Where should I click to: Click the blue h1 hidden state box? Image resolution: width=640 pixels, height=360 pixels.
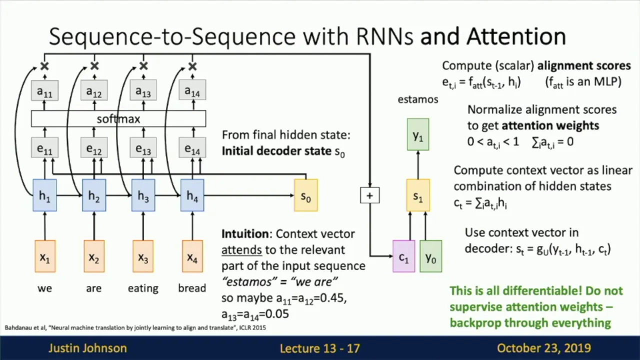point(44,195)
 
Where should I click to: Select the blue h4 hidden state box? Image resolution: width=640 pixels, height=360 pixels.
point(192,195)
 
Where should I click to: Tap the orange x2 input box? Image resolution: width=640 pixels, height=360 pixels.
point(93,257)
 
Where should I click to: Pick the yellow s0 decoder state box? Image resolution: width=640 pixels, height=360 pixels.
point(305,195)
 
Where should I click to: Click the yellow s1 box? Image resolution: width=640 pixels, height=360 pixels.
point(418,195)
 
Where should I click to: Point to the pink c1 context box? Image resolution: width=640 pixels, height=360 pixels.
point(403,257)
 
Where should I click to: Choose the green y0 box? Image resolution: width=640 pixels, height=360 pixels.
point(430,257)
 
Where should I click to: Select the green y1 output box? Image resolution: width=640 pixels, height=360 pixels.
point(418,134)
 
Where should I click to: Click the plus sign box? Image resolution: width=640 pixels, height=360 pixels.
point(369,195)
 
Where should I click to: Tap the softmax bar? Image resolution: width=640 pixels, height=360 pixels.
point(118,119)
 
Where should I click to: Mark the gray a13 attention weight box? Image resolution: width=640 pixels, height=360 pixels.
point(143,91)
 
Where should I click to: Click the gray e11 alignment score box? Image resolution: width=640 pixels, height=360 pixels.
point(44,148)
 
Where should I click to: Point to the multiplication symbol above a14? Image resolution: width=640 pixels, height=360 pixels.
point(192,66)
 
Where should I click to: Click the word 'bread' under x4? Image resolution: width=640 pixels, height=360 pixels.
point(192,288)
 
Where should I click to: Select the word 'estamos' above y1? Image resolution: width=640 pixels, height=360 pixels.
point(418,99)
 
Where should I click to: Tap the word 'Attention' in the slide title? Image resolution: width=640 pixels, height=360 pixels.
point(516,36)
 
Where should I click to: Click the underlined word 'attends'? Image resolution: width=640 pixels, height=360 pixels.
point(241,249)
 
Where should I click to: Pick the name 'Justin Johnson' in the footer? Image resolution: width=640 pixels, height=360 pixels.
point(87,348)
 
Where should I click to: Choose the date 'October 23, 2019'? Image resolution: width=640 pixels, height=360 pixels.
point(544,348)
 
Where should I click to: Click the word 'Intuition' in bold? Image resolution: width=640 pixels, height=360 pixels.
point(245,233)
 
